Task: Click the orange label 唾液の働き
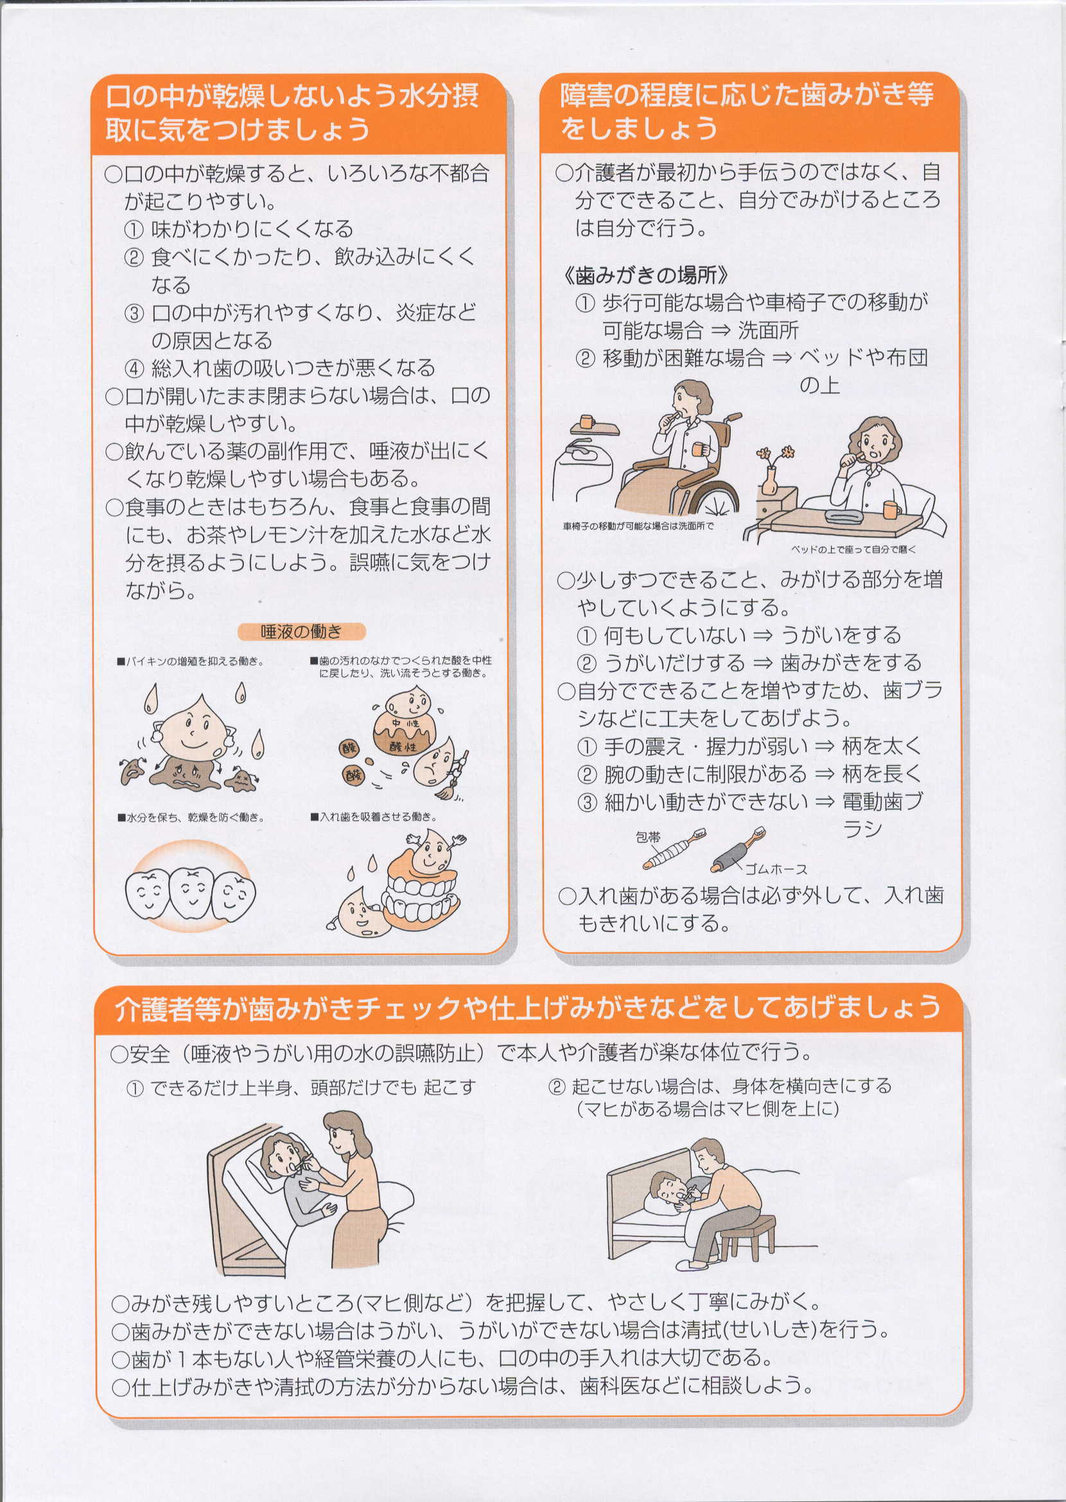301,631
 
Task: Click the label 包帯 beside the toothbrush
649,837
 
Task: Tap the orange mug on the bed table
892,510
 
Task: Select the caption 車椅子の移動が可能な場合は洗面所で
638,526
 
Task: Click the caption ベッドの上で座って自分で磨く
853,549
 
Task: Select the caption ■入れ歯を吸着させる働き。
374,817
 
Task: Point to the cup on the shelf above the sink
587,420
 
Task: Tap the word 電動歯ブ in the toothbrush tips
883,801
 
